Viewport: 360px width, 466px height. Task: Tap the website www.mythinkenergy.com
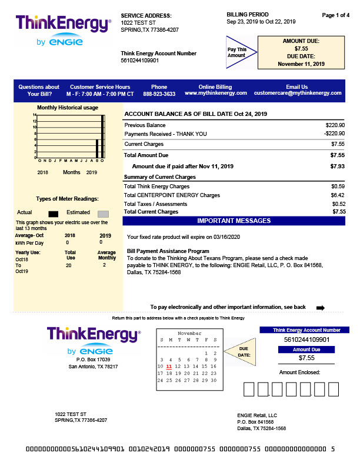(215, 94)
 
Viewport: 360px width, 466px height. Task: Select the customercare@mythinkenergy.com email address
(296, 94)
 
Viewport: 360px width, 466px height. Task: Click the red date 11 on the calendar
(169, 367)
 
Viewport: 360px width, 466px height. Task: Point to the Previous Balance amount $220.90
(335, 125)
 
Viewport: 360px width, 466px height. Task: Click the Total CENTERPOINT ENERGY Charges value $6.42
(338, 195)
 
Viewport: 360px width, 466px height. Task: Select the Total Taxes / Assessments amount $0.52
(338, 204)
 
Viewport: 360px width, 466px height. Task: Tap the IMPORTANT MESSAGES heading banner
(234, 221)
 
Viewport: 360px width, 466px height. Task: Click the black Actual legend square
(54, 213)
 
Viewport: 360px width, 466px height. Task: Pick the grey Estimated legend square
(103, 213)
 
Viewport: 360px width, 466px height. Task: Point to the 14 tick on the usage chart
(35, 115)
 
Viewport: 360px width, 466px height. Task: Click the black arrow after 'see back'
(321, 307)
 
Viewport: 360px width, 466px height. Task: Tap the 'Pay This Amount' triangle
(239, 53)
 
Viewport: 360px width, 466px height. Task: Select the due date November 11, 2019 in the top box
(301, 64)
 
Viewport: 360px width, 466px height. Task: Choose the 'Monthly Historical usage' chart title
(68, 108)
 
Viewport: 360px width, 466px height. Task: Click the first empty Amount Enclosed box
(248, 389)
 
